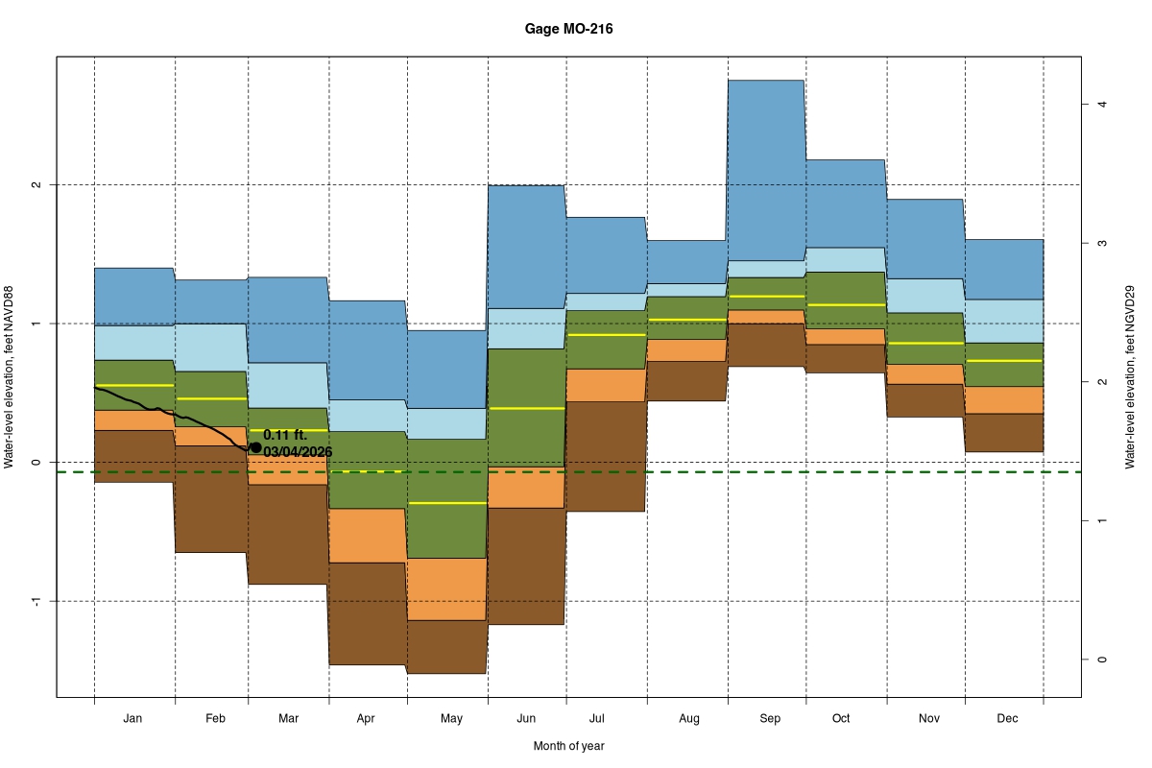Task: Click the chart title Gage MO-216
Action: point(568,29)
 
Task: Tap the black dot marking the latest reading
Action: point(255,447)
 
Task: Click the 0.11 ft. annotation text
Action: point(285,435)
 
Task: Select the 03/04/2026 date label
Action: point(298,452)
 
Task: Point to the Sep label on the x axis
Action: point(770,718)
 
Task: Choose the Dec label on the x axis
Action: point(1007,718)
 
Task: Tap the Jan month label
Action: point(133,718)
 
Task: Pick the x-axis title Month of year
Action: point(568,746)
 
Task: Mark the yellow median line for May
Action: point(447,503)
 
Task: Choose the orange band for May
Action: point(447,588)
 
